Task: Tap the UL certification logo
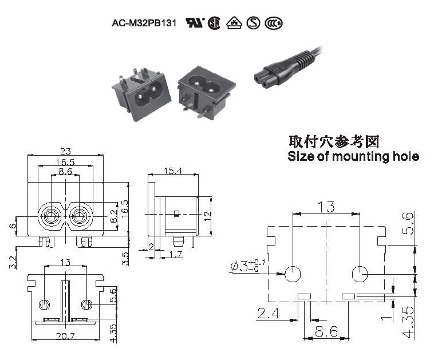[194, 23]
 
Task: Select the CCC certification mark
[274, 23]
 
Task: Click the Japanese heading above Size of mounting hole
[334, 141]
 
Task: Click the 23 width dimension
[65, 152]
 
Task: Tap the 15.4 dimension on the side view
[173, 171]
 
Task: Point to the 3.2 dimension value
[13, 263]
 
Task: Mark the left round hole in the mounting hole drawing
[293, 274]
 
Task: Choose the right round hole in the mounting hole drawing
[360, 274]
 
